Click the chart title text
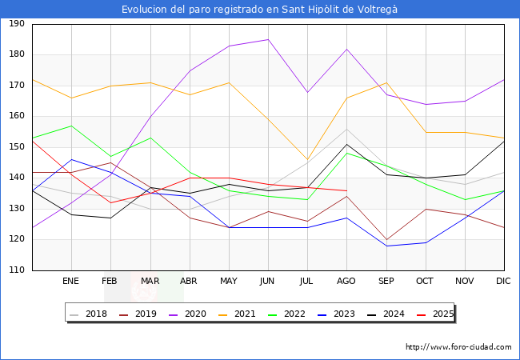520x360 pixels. click(x=259, y=9)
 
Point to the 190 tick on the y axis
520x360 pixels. click(x=17, y=24)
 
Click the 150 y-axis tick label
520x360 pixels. click(x=17, y=147)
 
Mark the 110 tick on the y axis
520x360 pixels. click(x=17, y=270)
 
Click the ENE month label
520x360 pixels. click(x=71, y=282)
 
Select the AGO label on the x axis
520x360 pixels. click(x=346, y=282)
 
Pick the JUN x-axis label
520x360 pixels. click(x=268, y=282)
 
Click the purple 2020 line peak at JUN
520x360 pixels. click(x=268, y=39)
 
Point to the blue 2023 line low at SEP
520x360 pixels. click(x=386, y=246)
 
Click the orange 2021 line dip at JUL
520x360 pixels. click(x=307, y=160)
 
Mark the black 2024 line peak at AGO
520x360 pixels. click(x=346, y=145)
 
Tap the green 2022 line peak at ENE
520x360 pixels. click(x=71, y=126)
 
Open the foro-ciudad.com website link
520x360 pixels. click(x=458, y=347)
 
